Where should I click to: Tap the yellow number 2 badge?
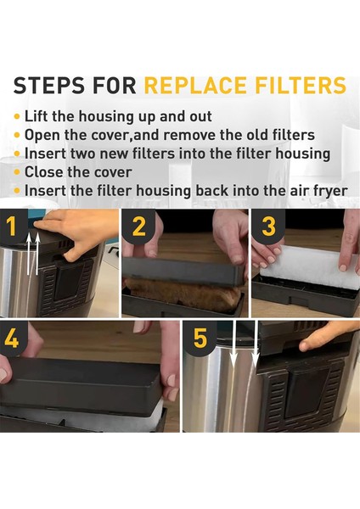pos(139,227)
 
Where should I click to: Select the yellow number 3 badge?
pos(269,227)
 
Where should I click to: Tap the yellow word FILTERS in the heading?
pos(303,86)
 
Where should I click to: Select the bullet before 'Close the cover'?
pos(17,172)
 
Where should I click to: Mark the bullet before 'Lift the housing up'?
pos(17,116)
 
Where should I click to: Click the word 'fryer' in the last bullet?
pos(326,191)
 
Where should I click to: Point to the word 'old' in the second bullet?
pos(260,135)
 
